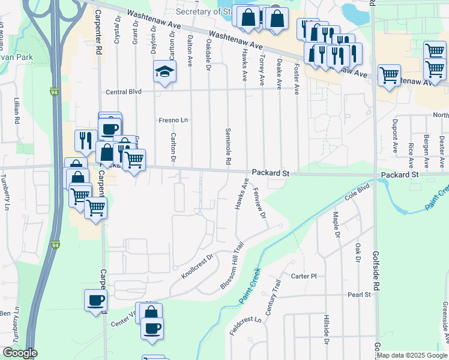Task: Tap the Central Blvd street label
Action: point(123,92)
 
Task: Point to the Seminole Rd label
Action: point(228,146)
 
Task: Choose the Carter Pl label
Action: point(303,277)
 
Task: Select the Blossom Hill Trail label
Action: point(233,266)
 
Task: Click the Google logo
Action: point(20,353)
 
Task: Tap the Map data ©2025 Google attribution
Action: point(412,355)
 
